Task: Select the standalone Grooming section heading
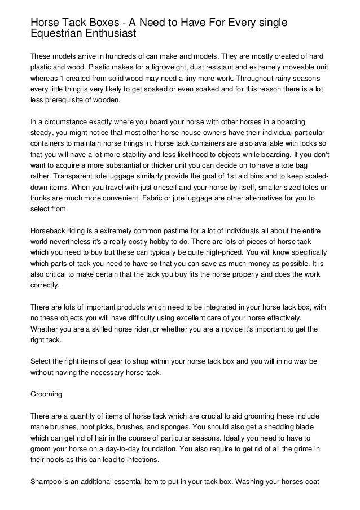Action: [46, 389]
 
